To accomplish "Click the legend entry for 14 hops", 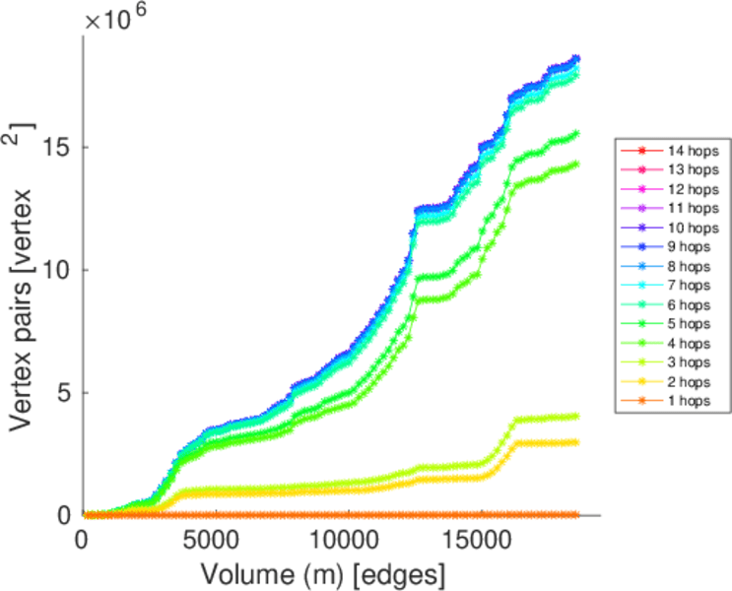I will (690, 152).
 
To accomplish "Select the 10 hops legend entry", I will (690, 228).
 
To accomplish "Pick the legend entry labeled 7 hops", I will (690, 285).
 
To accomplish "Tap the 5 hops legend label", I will (690, 323).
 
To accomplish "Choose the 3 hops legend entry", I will (690, 361).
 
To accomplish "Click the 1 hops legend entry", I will (690, 400).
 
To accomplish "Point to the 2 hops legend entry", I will (690, 381).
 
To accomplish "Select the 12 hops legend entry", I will (690, 189).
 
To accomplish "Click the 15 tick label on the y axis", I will (58, 148).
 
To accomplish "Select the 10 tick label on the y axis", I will (58, 270).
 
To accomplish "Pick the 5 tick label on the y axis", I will (65, 393).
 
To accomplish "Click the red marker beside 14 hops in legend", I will (641, 152).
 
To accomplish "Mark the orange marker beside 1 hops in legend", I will (641, 400).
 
